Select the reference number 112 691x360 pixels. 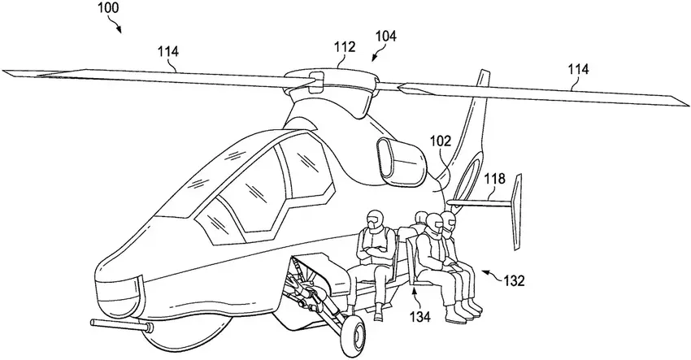point(345,47)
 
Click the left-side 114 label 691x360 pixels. point(168,53)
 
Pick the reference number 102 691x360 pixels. point(441,141)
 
